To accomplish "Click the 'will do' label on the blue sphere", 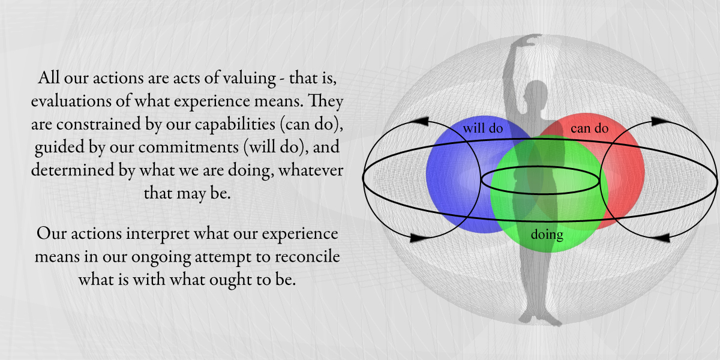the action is pyautogui.click(x=483, y=128).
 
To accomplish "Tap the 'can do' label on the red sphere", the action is pyautogui.click(x=589, y=128).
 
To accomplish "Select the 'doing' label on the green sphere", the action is pyautogui.click(x=547, y=235).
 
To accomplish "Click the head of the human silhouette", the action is pyautogui.click(x=535, y=94).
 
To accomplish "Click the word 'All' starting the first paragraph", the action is pyautogui.click(x=48, y=78).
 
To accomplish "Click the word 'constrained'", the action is pyautogui.click(x=98, y=124).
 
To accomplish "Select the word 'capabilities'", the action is pyautogui.click(x=235, y=125).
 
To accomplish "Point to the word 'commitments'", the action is pyautogui.click(x=188, y=148).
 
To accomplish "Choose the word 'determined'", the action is pyautogui.click(x=73, y=170).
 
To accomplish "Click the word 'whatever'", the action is pyautogui.click(x=311, y=170).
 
